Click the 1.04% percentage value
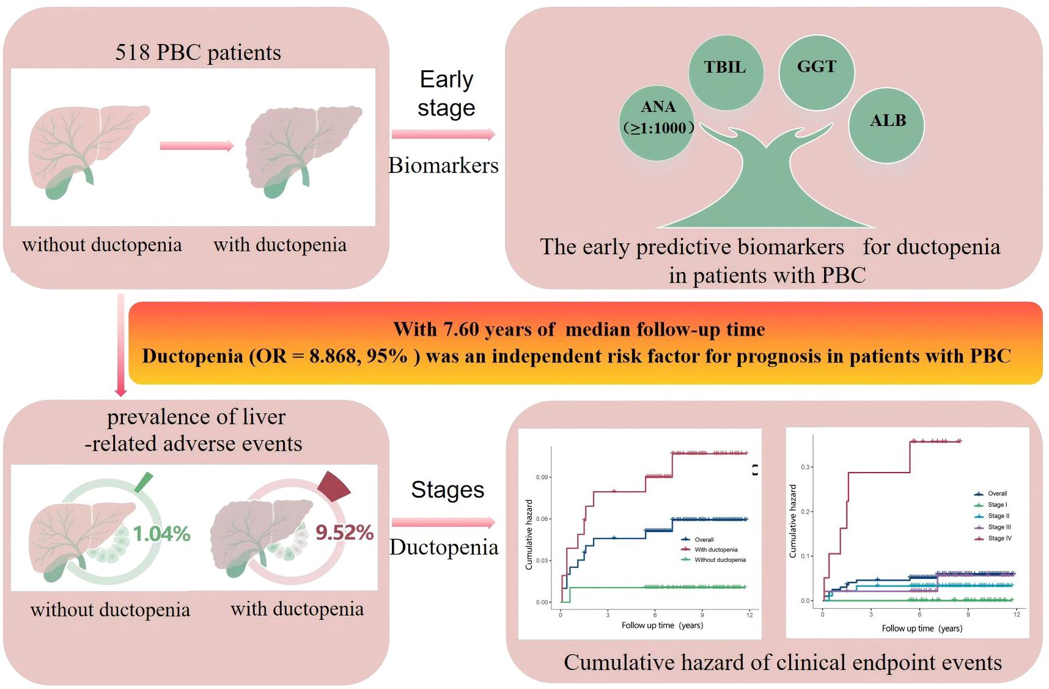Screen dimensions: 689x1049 pyautogui.click(x=161, y=534)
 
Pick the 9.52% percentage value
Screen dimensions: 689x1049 pyautogui.click(x=344, y=532)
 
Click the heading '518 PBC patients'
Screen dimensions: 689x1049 pyautogui.click(x=198, y=53)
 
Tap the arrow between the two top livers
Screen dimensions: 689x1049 pyautogui.click(x=196, y=146)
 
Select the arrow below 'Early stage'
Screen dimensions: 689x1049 pyautogui.click(x=443, y=134)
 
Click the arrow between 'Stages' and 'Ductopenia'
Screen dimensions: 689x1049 pyautogui.click(x=443, y=522)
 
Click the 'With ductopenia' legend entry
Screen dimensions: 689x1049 pyautogui.click(x=715, y=550)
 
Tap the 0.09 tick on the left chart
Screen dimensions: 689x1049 pyautogui.click(x=542, y=477)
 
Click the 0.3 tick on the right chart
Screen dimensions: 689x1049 pyautogui.click(x=805, y=467)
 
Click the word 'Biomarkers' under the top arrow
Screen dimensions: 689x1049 pyautogui.click(x=443, y=166)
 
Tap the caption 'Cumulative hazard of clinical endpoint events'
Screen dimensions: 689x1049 pyautogui.click(x=782, y=663)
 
